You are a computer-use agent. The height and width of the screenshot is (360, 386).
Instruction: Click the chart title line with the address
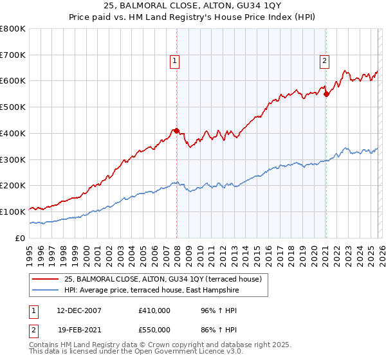193,6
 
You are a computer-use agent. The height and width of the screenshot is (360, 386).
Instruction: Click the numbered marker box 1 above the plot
175,61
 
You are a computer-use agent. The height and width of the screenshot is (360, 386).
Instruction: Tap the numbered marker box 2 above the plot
324,61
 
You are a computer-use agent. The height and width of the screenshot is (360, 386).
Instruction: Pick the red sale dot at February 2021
326,94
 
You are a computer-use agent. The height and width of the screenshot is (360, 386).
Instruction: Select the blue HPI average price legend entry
151,290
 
